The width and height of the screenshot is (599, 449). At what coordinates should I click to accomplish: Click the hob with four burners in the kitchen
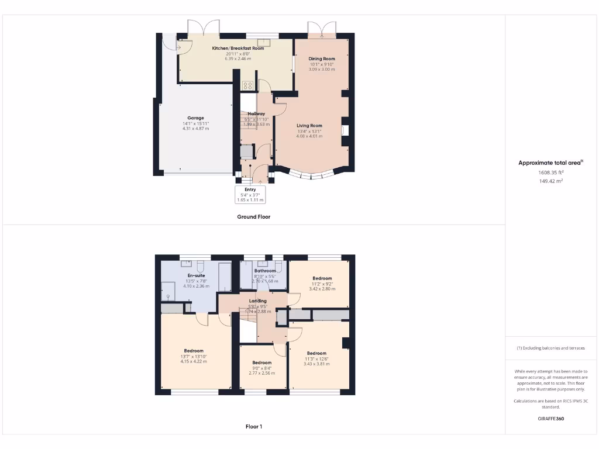pos(247,85)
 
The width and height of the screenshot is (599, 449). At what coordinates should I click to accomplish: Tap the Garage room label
pos(195,118)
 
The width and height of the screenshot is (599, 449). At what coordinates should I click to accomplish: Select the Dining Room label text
pos(322,58)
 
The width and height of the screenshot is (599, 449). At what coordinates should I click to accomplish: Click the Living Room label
pos(309,126)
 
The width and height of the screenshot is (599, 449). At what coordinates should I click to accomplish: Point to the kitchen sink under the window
pos(267,41)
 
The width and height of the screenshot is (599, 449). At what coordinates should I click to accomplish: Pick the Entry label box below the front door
pos(250,194)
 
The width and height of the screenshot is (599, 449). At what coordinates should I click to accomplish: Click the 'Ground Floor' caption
pos(253,217)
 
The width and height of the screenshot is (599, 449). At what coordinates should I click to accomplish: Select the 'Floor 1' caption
pos(253,427)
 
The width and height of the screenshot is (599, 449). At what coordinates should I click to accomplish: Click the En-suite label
pos(196,275)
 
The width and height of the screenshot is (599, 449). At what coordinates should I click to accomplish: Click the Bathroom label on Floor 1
pos(265,271)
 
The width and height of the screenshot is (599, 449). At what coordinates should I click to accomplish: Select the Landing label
pos(258,301)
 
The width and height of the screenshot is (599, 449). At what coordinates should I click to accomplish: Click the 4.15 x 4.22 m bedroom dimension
pos(193,361)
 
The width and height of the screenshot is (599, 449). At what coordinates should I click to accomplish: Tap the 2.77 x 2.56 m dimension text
pos(261,373)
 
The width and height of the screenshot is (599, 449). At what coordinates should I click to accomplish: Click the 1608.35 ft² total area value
pos(551,172)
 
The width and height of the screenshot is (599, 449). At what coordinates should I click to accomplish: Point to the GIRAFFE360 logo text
pos(551,419)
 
